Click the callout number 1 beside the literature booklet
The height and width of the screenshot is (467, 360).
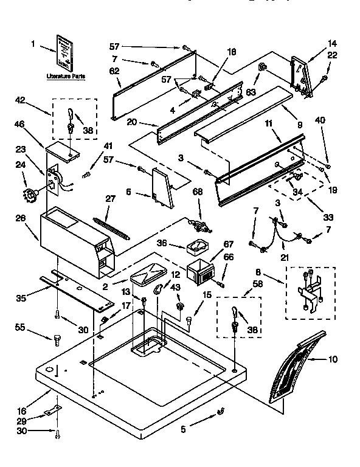(x=33, y=44)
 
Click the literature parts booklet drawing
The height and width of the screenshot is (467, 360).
(x=64, y=53)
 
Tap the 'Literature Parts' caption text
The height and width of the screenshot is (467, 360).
(x=65, y=77)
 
